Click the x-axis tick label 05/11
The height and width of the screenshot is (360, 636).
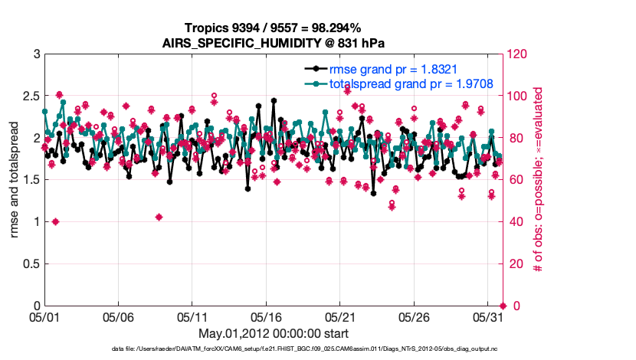(193, 316)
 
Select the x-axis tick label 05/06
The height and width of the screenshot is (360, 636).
(119, 316)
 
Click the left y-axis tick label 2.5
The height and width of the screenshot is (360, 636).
(30, 97)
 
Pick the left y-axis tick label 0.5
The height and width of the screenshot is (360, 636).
(30, 263)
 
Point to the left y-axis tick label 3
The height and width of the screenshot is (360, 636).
(35, 54)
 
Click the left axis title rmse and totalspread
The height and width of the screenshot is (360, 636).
(14, 180)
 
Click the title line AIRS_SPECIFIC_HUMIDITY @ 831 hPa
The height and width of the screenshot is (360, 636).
(274, 42)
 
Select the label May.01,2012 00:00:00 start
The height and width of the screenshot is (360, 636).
(274, 333)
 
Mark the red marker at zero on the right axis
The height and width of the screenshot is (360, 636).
(503, 306)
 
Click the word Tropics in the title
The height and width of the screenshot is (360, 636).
(206, 28)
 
